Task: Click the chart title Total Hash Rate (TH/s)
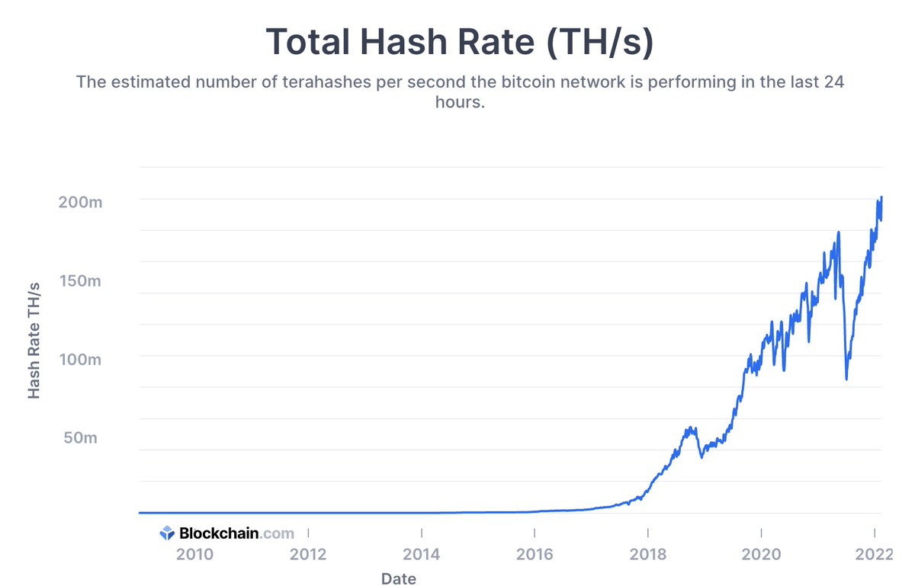click(x=459, y=41)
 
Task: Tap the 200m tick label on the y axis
click(x=79, y=203)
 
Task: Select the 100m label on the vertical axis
click(x=79, y=359)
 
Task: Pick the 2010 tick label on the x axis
click(x=196, y=554)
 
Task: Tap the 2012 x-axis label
click(x=309, y=554)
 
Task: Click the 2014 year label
click(x=422, y=554)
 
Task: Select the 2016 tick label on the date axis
click(x=535, y=554)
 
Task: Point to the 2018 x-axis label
click(x=647, y=554)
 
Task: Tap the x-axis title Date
click(x=400, y=579)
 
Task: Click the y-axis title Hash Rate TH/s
click(x=34, y=339)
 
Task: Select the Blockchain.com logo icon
click(x=167, y=533)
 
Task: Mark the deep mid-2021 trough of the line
click(x=846, y=379)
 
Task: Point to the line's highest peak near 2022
click(x=881, y=197)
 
